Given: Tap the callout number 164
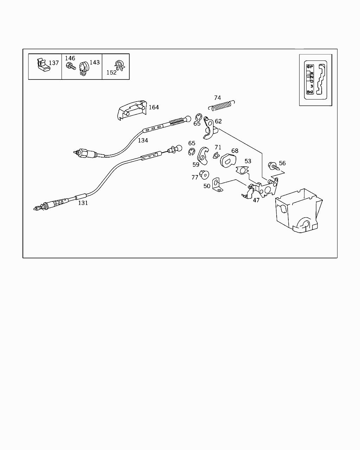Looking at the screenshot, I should point(154,107).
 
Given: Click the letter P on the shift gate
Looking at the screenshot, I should point(311,67).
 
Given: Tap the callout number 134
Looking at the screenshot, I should point(143,140).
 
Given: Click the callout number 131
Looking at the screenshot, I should point(83,203).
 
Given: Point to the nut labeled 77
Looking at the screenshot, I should point(204,174).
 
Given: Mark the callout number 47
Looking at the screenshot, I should point(256,200).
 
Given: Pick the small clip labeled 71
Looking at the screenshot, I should point(216,155).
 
